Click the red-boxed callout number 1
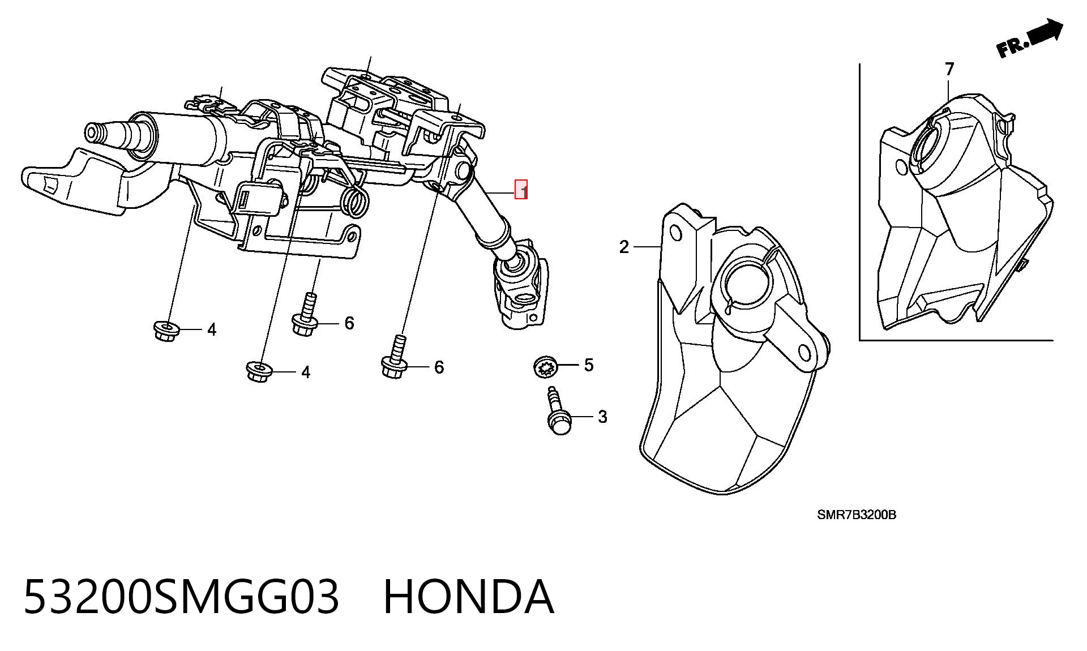coord(521,190)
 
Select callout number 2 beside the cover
coord(624,247)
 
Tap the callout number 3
coord(602,417)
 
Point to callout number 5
coord(589,365)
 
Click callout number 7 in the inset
coord(949,69)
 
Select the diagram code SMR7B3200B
coord(856,515)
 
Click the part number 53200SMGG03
coord(181,597)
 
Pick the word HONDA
coord(468,597)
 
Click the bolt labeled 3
coord(557,410)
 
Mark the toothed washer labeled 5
coord(546,367)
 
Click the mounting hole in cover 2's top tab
coord(675,233)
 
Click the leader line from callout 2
coord(648,247)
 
